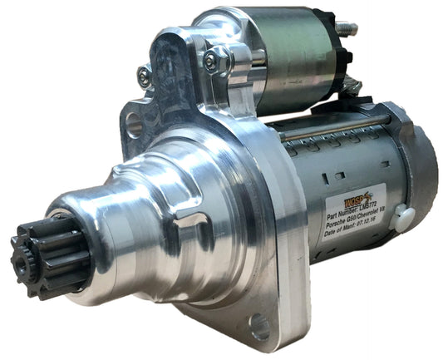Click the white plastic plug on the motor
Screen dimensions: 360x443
pyautogui.click(x=404, y=219)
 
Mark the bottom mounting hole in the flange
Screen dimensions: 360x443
pyautogui.click(x=259, y=327)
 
